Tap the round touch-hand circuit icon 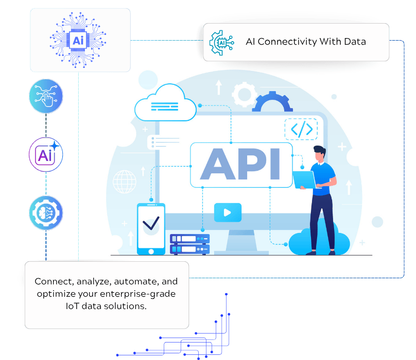tap(46, 96)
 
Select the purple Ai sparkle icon tap(46, 154)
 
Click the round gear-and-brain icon tap(46, 212)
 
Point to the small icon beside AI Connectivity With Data tap(221, 42)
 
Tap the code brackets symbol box tap(301, 130)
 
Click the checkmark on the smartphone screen tap(151, 223)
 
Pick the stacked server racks tap(189, 244)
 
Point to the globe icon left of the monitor tap(124, 181)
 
